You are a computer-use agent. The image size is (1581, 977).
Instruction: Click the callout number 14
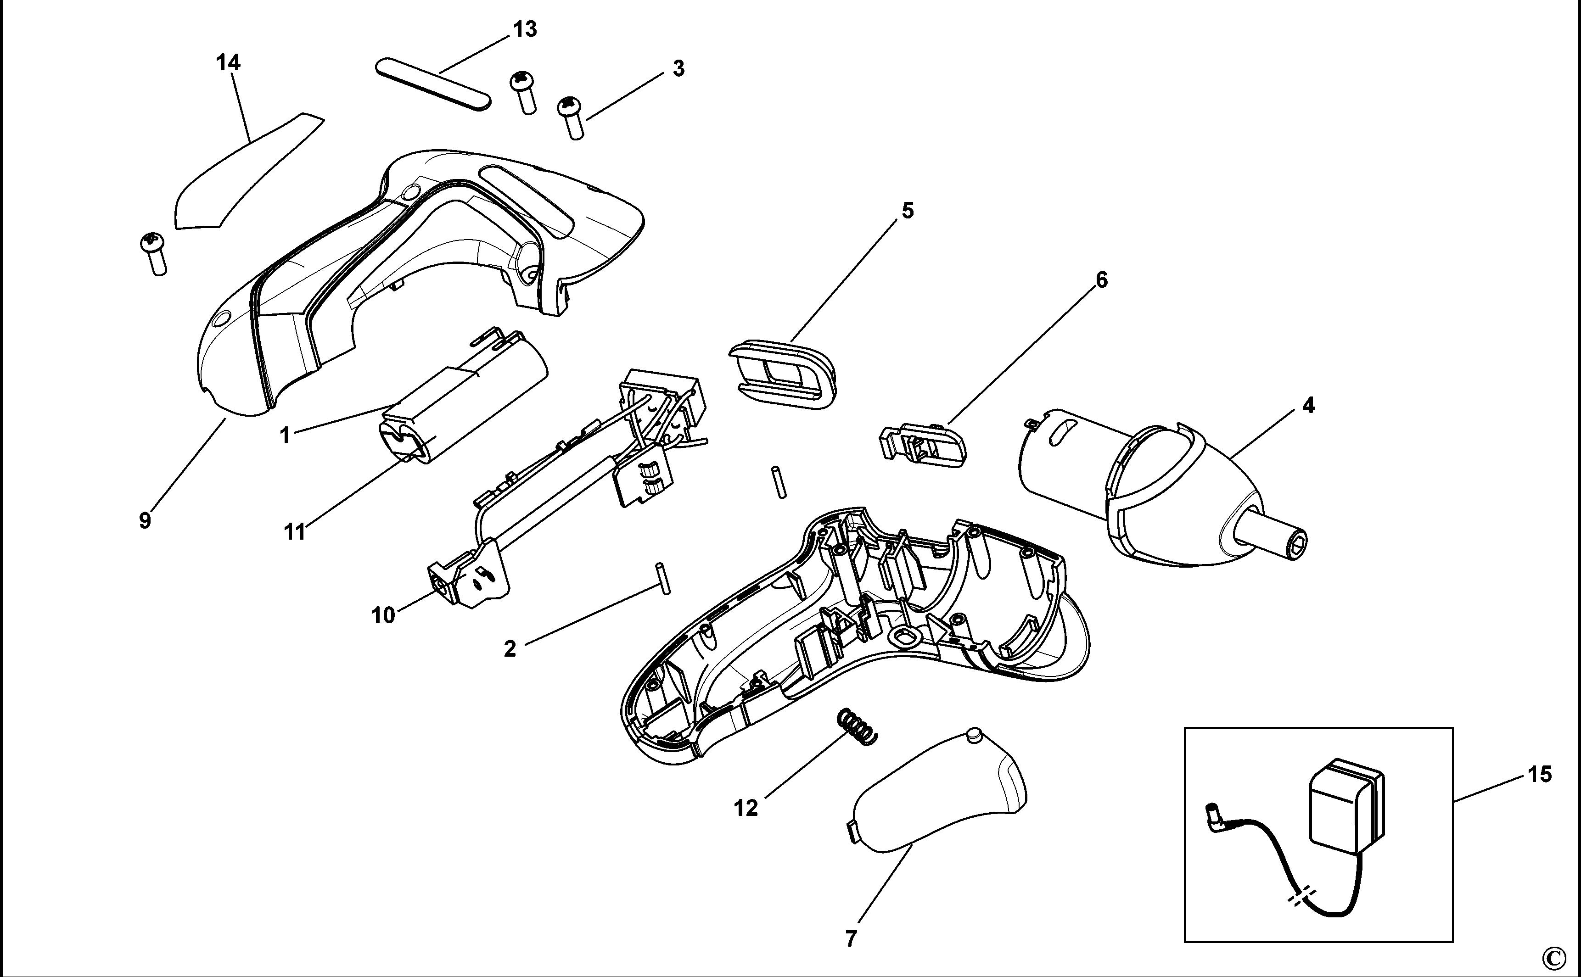point(228,63)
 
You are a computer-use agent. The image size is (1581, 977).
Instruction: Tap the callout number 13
point(525,29)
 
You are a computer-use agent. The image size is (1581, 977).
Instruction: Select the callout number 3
point(678,68)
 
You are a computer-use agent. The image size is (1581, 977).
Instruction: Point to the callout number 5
point(908,211)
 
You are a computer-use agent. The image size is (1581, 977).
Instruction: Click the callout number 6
point(1101,280)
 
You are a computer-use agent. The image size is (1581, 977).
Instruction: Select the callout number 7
point(851,938)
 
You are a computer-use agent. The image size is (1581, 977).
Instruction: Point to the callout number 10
point(383,615)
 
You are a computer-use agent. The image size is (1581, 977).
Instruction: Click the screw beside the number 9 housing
point(153,253)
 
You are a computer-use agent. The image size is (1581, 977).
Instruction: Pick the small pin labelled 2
point(664,578)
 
